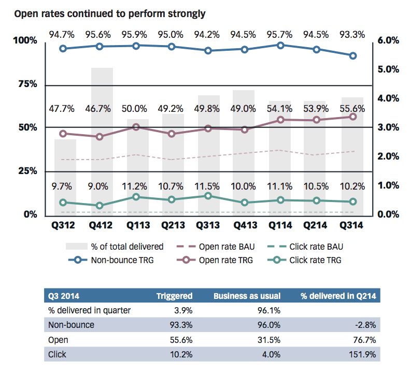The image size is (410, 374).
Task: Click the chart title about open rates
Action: (x=109, y=13)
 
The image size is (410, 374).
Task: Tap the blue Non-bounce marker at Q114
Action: (x=280, y=46)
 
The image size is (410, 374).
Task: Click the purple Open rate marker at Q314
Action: (x=353, y=117)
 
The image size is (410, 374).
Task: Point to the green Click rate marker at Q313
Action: (x=208, y=196)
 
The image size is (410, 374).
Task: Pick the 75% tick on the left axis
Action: (x=26, y=84)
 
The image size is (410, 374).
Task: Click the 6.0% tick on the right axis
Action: (x=387, y=40)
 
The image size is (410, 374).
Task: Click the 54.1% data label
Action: (x=280, y=109)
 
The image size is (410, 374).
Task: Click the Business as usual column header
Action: (x=247, y=296)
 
